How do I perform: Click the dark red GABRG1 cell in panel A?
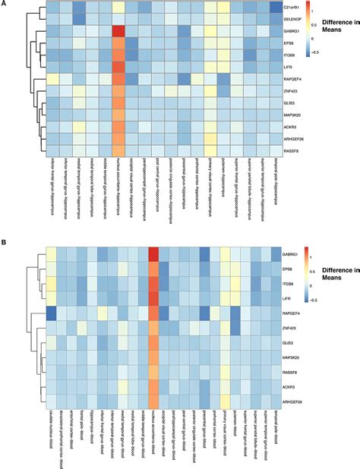click(118, 31)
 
